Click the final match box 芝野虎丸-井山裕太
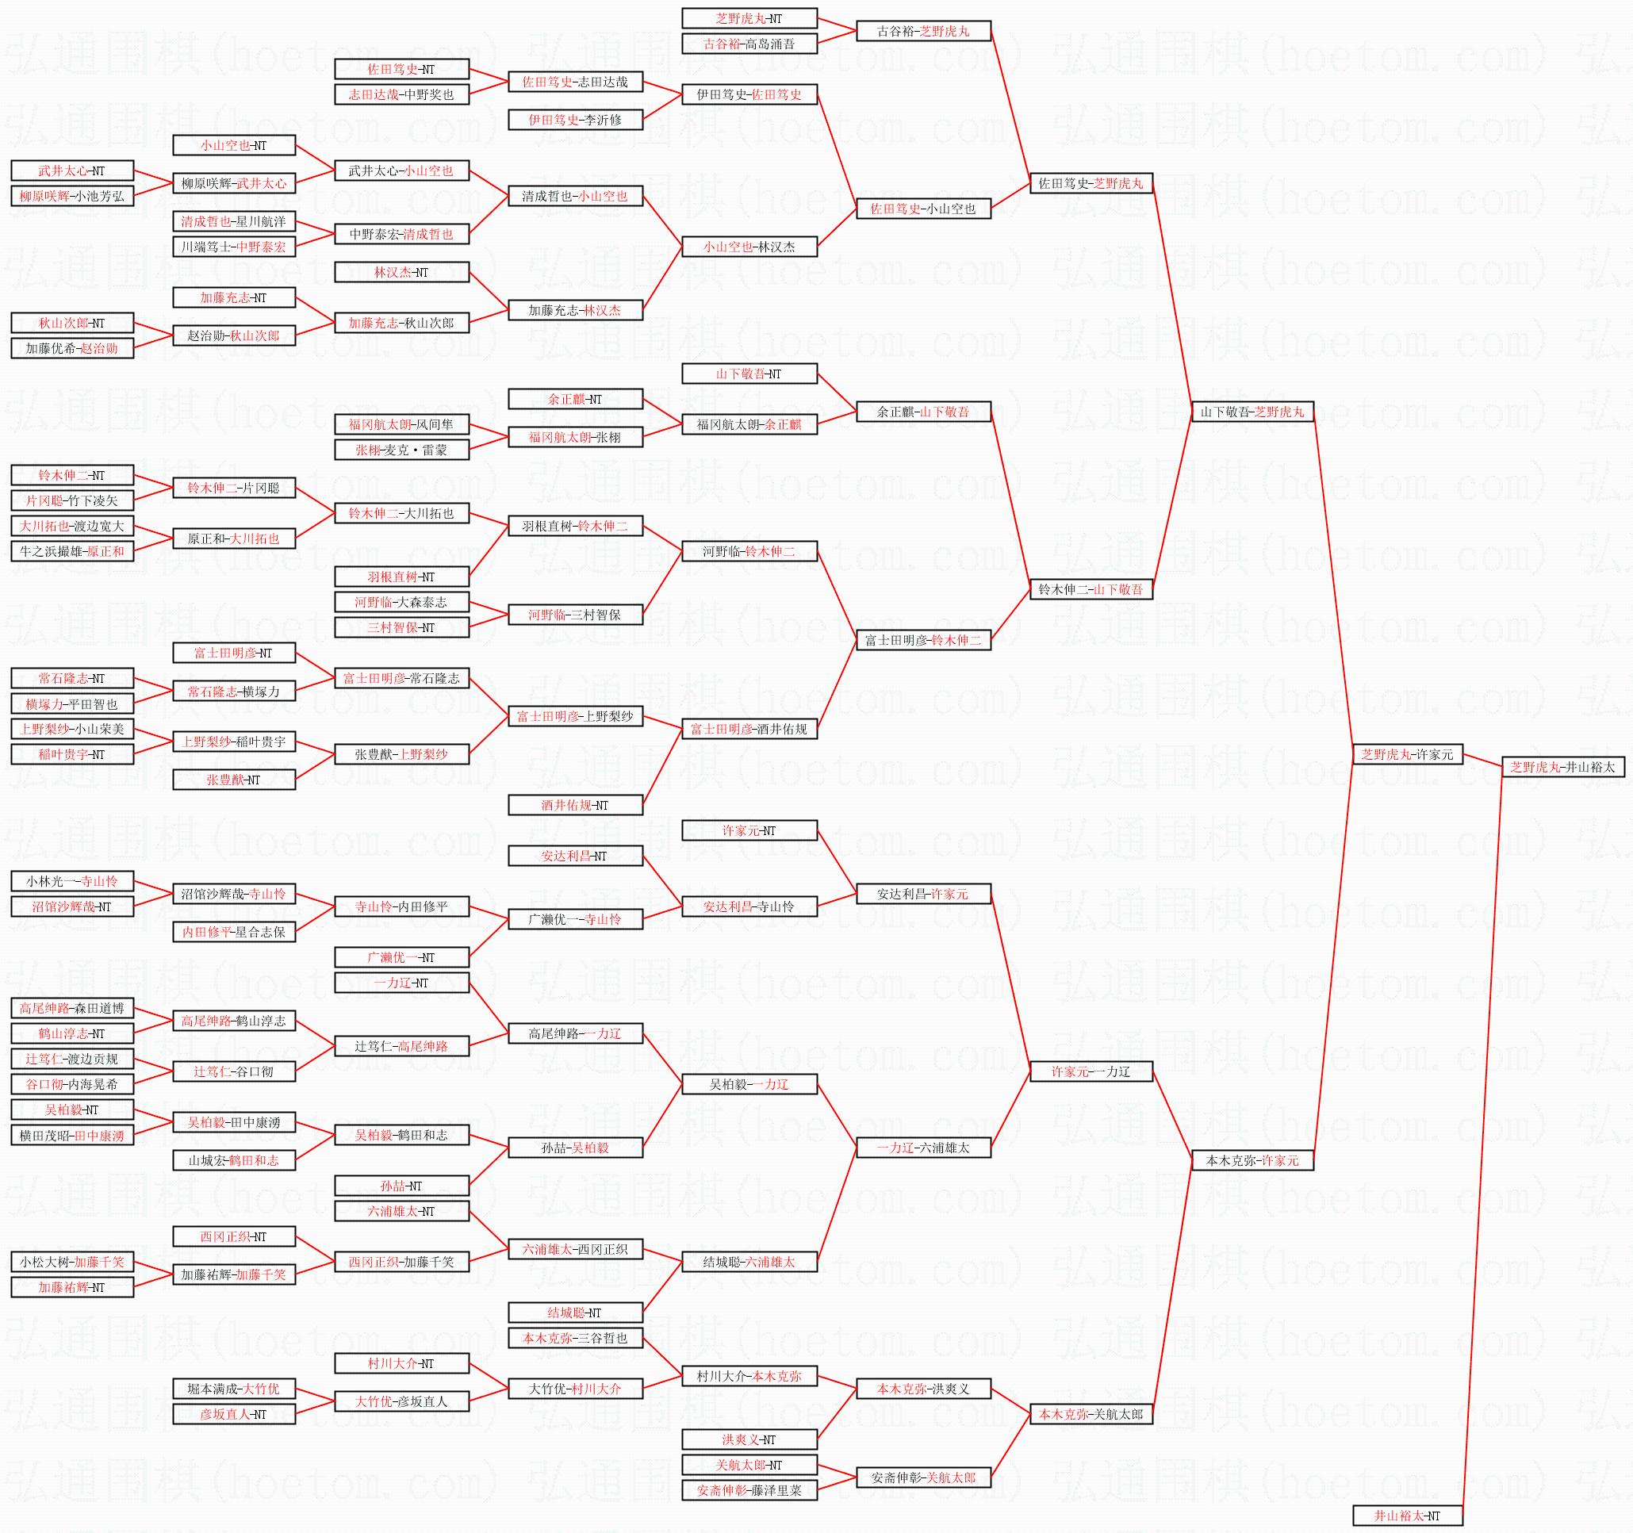[1562, 766]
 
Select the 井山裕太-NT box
[1407, 1516]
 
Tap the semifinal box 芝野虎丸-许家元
[1407, 754]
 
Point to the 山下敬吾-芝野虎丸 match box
[1252, 412]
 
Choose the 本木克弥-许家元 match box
[1252, 1160]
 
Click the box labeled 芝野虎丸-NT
[749, 18]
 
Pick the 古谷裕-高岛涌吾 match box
[749, 44]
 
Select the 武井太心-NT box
[71, 171]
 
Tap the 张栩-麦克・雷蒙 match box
[401, 450]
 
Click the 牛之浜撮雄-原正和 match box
[71, 551]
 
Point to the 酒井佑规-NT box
[574, 805]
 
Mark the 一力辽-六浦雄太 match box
[922, 1148]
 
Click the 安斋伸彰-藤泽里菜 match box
[749, 1490]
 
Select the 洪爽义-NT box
[749, 1439]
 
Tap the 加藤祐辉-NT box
[71, 1287]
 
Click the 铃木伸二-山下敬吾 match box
[1090, 589]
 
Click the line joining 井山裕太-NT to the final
[1482, 1142]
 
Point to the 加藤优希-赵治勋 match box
[71, 348]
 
